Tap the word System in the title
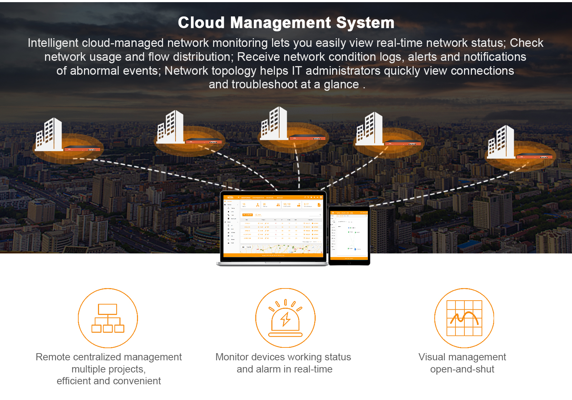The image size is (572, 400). (x=365, y=23)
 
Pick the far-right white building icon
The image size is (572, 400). (x=501, y=142)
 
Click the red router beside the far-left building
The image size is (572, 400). (x=82, y=149)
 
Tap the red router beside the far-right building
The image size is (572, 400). (x=534, y=156)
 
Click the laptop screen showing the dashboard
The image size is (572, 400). (x=273, y=226)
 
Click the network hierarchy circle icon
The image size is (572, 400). (x=108, y=318)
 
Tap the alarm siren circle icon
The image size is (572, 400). (x=285, y=318)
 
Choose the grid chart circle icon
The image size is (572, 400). (x=464, y=318)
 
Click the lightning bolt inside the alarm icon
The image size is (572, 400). (x=285, y=319)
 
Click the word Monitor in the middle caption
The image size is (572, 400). (x=232, y=357)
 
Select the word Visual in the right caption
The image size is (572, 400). (x=432, y=357)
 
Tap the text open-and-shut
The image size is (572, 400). (x=462, y=369)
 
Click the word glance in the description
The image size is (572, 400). (x=341, y=85)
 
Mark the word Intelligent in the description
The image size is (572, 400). (x=53, y=43)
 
